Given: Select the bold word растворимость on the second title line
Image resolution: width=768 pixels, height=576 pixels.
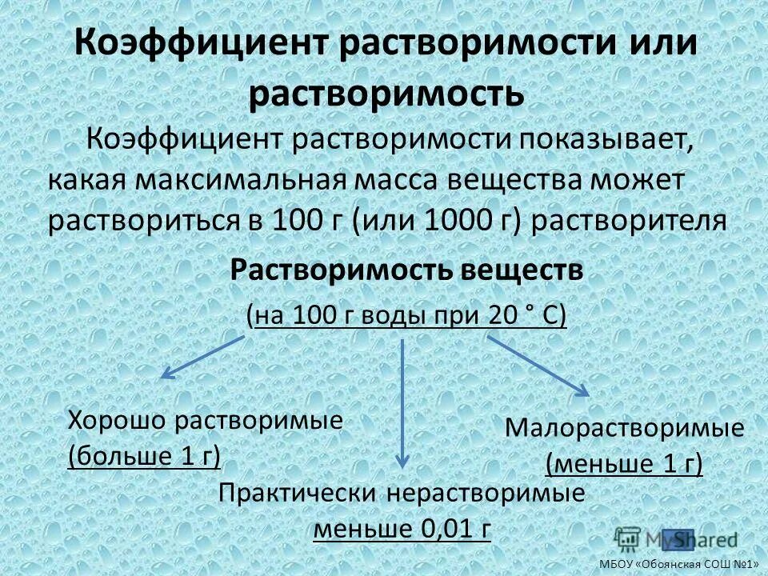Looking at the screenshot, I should (x=386, y=94).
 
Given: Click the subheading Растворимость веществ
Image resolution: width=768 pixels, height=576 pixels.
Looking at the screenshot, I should (x=406, y=270).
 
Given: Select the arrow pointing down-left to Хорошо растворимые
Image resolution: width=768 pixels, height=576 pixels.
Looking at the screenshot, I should (x=204, y=356).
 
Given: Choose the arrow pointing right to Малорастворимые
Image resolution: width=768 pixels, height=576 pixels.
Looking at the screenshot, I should (x=538, y=364).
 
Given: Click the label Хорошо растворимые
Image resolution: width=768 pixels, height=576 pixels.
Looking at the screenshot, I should (x=206, y=420).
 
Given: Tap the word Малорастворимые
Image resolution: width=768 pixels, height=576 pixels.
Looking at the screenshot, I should (x=626, y=428).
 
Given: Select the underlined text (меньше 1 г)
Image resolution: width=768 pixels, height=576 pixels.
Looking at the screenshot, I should (x=624, y=463).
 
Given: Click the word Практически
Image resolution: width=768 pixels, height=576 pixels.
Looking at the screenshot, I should (x=298, y=493).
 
